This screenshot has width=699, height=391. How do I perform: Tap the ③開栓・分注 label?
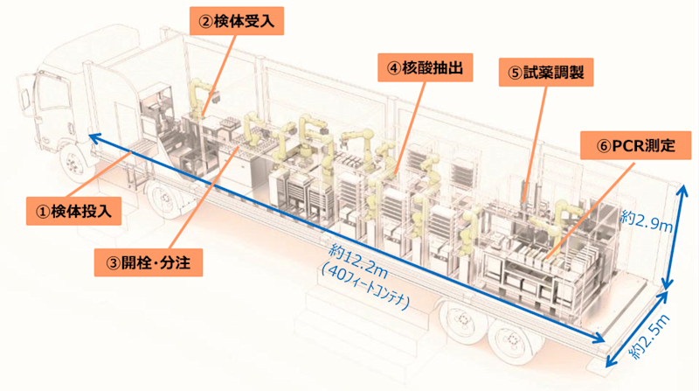(148, 260)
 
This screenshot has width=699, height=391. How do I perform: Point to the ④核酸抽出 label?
(419, 65)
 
